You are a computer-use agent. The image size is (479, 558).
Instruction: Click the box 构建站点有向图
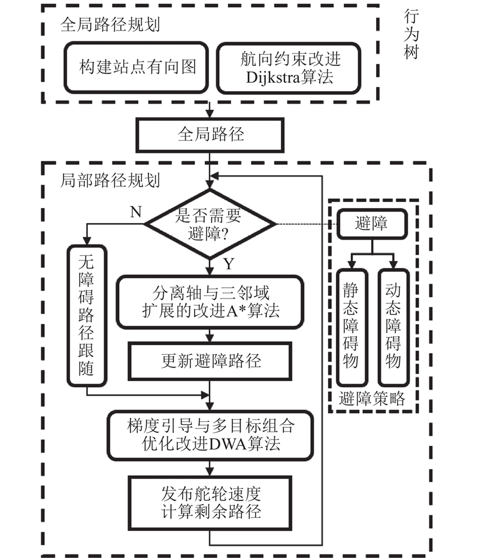point(137,67)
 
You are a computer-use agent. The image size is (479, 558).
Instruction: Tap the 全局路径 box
point(211,133)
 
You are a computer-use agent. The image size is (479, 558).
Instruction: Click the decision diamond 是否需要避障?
point(210,224)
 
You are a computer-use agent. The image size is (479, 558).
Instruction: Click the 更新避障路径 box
point(210,361)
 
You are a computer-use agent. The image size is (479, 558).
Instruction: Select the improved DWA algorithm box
point(210,435)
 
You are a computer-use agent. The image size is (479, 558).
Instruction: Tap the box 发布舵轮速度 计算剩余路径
point(210,502)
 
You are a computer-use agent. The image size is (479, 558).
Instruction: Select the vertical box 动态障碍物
point(392,327)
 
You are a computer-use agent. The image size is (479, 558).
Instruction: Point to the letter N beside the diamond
point(135,212)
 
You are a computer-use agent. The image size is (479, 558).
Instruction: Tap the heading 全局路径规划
point(110,25)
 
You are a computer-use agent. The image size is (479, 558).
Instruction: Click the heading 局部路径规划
point(110,179)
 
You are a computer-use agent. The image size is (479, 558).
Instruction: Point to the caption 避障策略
point(371,399)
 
